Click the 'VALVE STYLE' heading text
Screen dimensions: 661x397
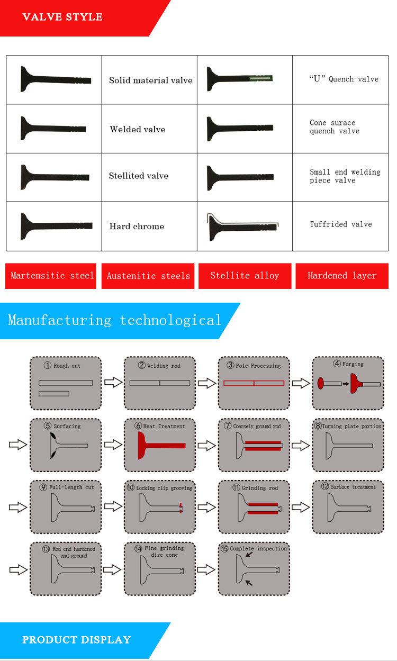coord(62,17)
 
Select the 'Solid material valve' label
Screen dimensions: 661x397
coord(150,80)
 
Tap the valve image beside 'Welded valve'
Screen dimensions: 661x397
coord(52,129)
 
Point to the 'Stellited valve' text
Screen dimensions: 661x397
coord(138,176)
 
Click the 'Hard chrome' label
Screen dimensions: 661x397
coord(137,226)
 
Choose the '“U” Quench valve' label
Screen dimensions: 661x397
coord(344,79)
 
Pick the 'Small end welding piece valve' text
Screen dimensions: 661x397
coord(345,176)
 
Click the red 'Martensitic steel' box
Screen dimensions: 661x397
coord(51,276)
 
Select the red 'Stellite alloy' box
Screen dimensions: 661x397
coord(245,276)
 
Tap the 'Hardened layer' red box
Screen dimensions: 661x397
coord(342,276)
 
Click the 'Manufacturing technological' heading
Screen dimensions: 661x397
coord(114,320)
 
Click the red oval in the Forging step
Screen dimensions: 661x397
coord(321,383)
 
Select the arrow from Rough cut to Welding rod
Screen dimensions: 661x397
coord(113,382)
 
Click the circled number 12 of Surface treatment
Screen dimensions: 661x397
coord(325,486)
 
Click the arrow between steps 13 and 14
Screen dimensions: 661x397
coord(113,569)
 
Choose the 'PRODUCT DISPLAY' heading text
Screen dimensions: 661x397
coord(76,640)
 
